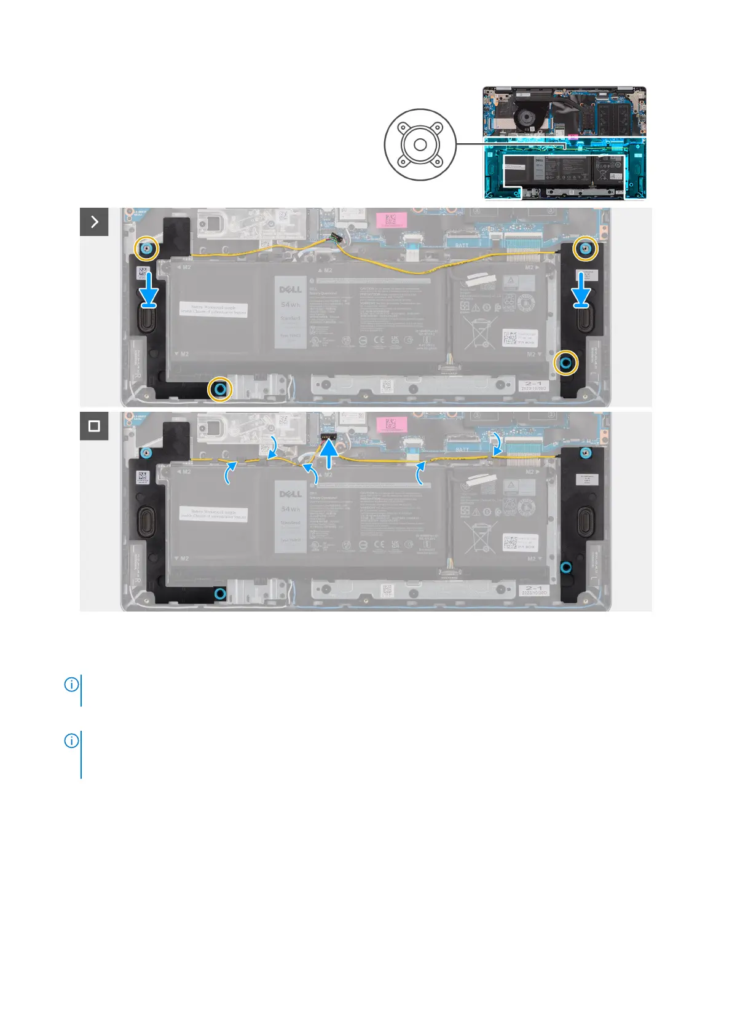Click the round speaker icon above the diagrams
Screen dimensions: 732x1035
click(420, 145)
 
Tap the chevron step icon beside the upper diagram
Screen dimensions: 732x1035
click(94, 222)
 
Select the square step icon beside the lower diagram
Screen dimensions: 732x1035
click(94, 426)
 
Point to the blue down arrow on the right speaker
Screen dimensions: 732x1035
click(582, 289)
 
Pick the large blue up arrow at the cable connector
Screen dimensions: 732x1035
click(329, 455)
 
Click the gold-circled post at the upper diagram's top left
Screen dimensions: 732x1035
click(147, 249)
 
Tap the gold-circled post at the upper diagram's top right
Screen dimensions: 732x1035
click(586, 249)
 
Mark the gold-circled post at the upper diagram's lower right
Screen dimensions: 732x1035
click(566, 364)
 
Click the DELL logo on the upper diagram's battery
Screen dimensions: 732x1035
click(291, 289)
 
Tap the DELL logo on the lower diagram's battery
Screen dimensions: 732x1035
click(291, 494)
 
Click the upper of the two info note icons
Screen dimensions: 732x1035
click(71, 684)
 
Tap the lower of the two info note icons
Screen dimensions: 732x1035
click(71, 741)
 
